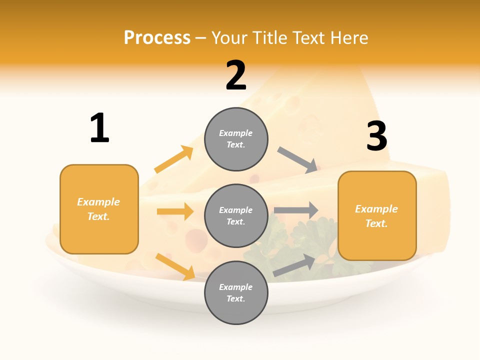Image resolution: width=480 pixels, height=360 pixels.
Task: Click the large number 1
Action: pyautogui.click(x=99, y=128)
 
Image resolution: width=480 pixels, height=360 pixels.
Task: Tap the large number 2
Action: pyautogui.click(x=236, y=75)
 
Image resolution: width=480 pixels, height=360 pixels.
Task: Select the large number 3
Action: pyautogui.click(x=377, y=136)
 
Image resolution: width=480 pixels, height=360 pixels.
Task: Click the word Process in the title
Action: pyautogui.click(x=157, y=37)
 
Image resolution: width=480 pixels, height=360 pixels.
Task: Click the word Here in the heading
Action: pyautogui.click(x=349, y=37)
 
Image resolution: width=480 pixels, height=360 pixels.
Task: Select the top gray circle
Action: pyautogui.click(x=236, y=139)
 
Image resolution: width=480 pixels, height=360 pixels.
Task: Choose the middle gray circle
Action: pyautogui.click(x=236, y=215)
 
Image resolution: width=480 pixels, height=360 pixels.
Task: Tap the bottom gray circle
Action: pyautogui.click(x=236, y=292)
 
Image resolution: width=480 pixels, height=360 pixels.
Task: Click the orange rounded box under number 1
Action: pyautogui.click(x=99, y=209)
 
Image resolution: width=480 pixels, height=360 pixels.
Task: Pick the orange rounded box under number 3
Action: pyautogui.click(x=377, y=216)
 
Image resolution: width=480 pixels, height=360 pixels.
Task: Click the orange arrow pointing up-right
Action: pyautogui.click(x=174, y=159)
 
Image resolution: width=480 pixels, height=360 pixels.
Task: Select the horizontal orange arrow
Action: pyautogui.click(x=175, y=211)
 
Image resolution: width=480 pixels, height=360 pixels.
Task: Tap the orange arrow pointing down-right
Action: pyautogui.click(x=175, y=266)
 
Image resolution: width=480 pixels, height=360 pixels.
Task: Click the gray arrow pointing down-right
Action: pyautogui.click(x=298, y=160)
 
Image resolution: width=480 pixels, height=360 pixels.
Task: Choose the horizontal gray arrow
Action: pyautogui.click(x=296, y=210)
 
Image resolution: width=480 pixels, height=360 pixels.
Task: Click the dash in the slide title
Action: pyautogui.click(x=201, y=38)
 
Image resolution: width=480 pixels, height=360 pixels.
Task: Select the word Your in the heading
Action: pyautogui.click(x=230, y=37)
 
